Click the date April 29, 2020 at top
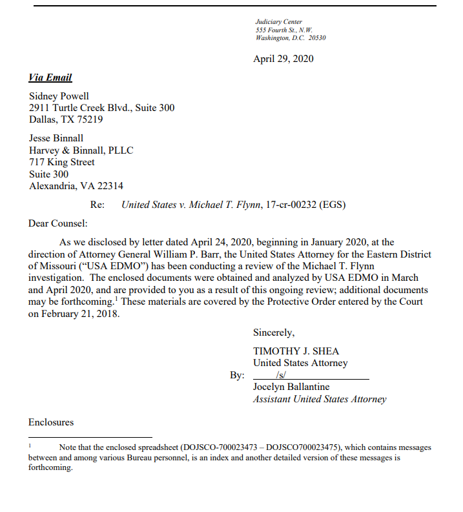pyautogui.click(x=283, y=59)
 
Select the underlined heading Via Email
pyautogui.click(x=50, y=77)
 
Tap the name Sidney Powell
pyautogui.click(x=59, y=96)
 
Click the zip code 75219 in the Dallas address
pyautogui.click(x=90, y=119)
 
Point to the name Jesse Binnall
pyautogui.click(x=56, y=138)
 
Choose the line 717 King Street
pyautogui.click(x=62, y=162)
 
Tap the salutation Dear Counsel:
pyautogui.click(x=57, y=223)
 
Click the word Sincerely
pyautogui.click(x=274, y=333)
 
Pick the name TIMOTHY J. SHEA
pyautogui.click(x=296, y=351)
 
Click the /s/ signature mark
pyautogui.click(x=281, y=375)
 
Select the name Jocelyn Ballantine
pyautogui.click(x=291, y=387)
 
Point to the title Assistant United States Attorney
pyautogui.click(x=320, y=399)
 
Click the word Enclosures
pyautogui.click(x=51, y=422)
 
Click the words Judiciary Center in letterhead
pyautogui.click(x=278, y=22)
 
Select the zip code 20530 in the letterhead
pyautogui.click(x=317, y=37)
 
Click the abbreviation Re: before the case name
pyautogui.click(x=98, y=205)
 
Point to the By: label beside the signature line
pyautogui.click(x=237, y=375)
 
